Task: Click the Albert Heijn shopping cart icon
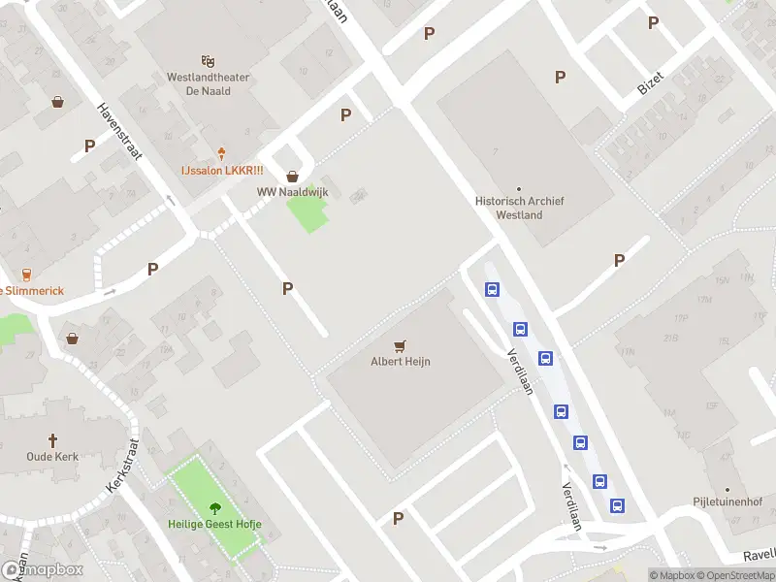400,344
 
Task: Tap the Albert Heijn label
400,362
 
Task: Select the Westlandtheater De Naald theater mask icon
208,61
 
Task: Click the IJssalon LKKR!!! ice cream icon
222,153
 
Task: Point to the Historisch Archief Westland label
519,208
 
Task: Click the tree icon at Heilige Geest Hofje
215,507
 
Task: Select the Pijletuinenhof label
727,502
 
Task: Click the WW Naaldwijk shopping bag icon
292,176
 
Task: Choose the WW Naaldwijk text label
292,192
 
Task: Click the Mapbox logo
42,570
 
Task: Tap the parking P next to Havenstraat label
89,145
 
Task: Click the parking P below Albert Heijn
398,519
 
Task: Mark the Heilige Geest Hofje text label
215,525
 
